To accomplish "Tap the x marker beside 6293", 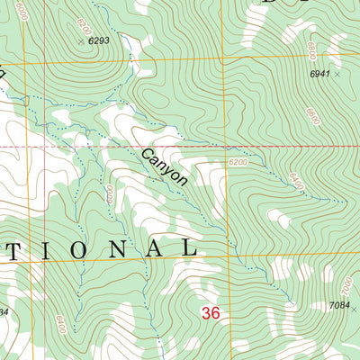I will [81, 41].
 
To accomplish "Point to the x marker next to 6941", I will [337, 76].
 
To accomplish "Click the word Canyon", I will [164, 167].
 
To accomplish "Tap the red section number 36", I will [211, 313].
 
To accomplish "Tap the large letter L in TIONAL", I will [188, 247].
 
